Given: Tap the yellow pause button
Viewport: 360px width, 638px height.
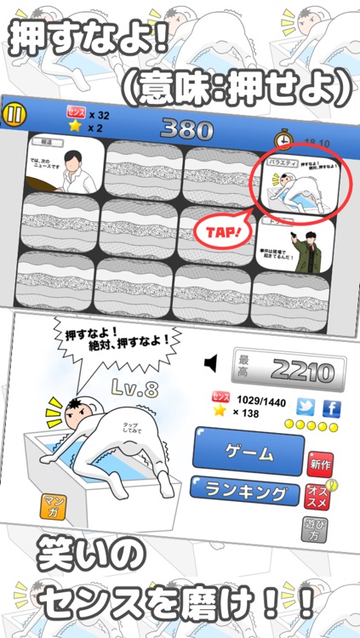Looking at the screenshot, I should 14,113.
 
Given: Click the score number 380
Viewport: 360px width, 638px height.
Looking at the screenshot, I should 181,128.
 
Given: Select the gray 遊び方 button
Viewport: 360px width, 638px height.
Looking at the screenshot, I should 315,532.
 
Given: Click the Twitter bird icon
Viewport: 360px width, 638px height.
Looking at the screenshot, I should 306,407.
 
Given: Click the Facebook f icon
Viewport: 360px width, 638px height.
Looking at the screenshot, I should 331,407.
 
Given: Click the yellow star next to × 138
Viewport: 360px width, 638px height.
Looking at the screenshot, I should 220,412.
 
